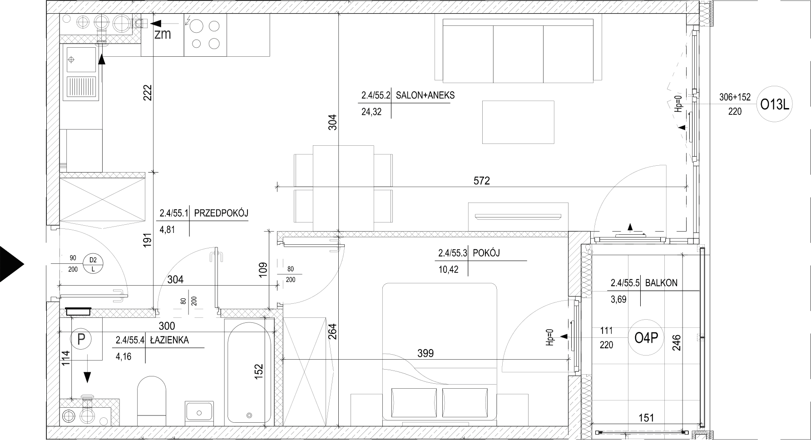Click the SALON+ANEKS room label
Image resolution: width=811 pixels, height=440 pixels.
425,95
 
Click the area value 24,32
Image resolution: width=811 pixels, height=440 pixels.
371,111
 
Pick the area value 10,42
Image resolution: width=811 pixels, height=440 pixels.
448,269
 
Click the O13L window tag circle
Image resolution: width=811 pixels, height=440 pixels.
776,105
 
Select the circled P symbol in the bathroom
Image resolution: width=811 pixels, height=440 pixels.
81,339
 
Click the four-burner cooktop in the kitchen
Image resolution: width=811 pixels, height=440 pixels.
205,35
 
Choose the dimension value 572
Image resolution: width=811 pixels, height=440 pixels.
482,180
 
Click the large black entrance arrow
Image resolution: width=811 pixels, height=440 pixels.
11,264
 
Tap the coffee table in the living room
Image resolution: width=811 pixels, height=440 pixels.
518,122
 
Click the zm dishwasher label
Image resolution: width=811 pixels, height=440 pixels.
163,34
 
